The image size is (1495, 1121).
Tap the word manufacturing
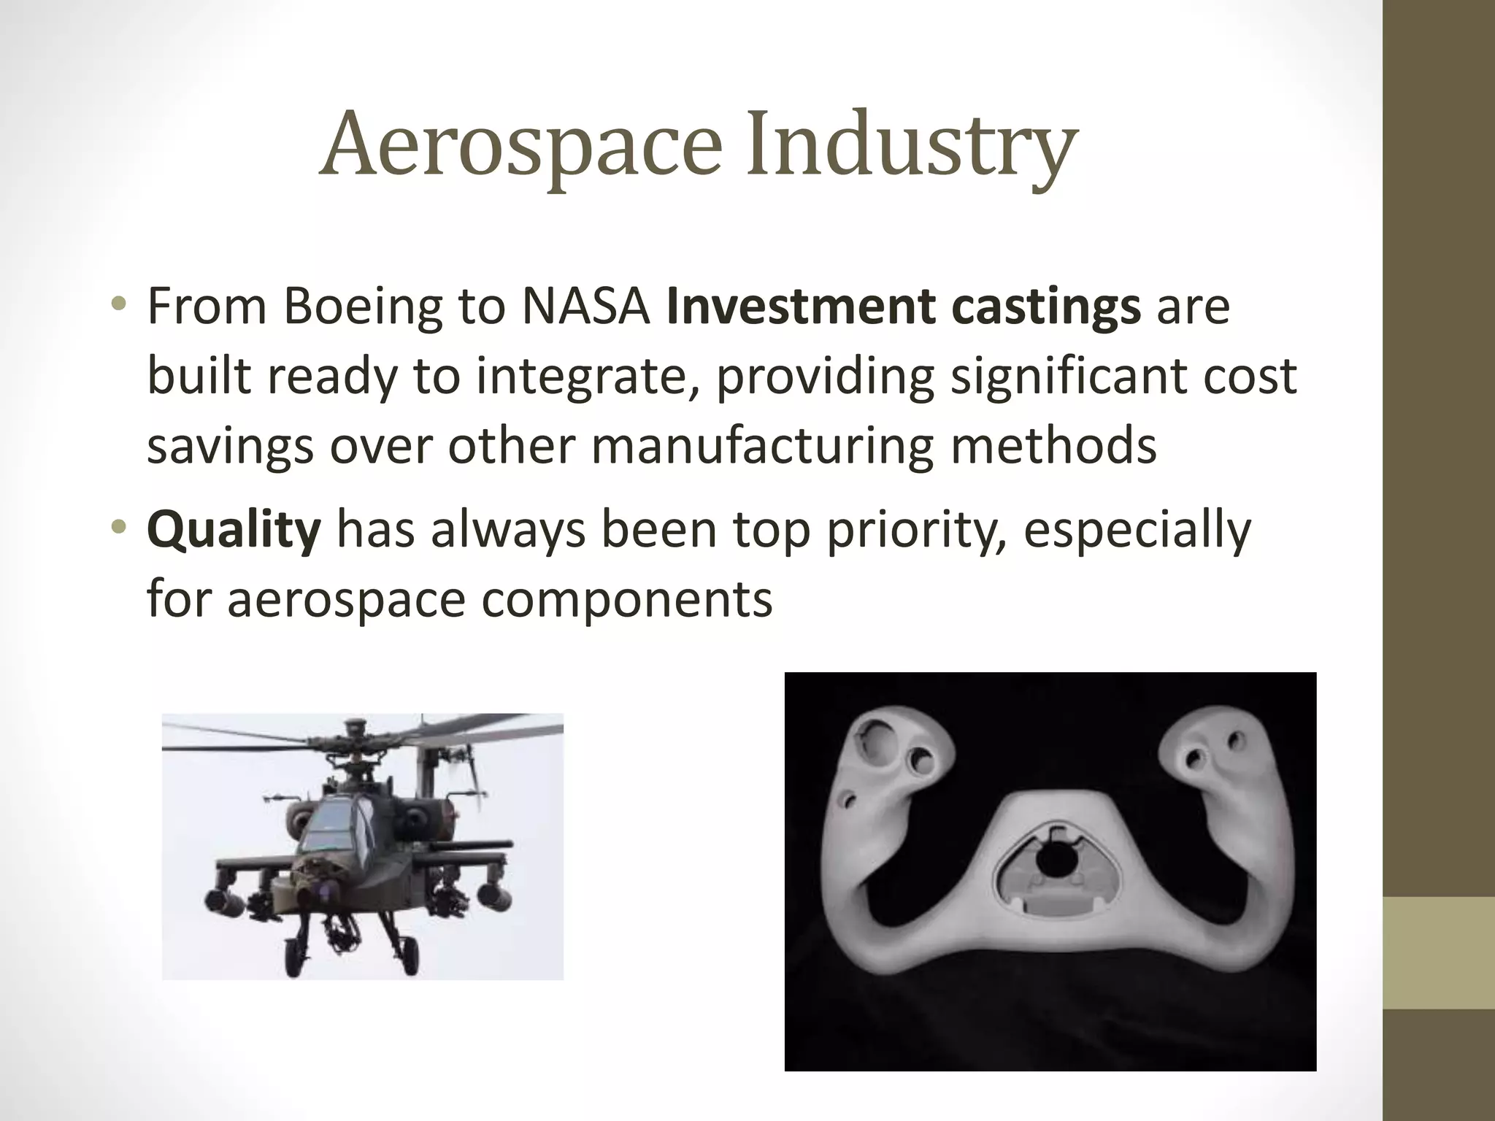(x=763, y=446)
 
